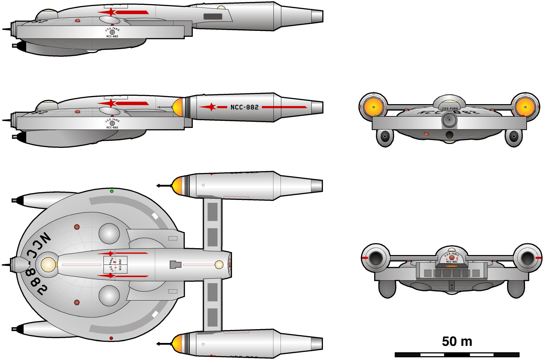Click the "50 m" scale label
457,341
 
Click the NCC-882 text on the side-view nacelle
245,107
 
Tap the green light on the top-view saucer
111,191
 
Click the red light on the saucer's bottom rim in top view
111,338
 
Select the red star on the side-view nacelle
211,107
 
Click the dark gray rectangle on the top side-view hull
213,17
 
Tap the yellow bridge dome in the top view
48,265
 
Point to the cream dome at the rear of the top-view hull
219,265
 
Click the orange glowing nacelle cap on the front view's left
372,106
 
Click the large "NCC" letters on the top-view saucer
38,245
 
